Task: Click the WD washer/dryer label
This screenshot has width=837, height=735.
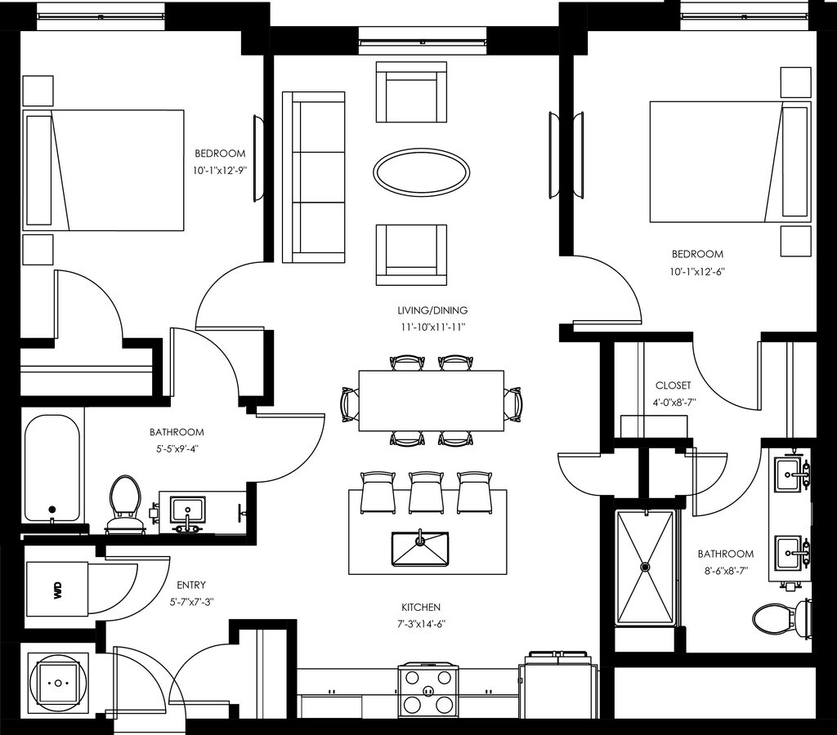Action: pyautogui.click(x=58, y=589)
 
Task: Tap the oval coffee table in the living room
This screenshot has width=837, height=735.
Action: pyautogui.click(x=421, y=171)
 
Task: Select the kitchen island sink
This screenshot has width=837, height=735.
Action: pyautogui.click(x=419, y=549)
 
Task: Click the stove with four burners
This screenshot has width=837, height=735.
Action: pyautogui.click(x=427, y=691)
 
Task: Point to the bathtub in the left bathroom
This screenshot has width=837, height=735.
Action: pyautogui.click(x=52, y=469)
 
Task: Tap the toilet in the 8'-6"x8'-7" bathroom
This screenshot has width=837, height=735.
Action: pyautogui.click(x=782, y=619)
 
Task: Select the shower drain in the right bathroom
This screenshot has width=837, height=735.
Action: pyautogui.click(x=646, y=567)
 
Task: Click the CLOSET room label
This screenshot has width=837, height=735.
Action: pyautogui.click(x=674, y=385)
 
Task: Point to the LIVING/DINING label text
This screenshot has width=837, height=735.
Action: pyautogui.click(x=432, y=310)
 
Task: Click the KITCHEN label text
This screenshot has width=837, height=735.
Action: pyautogui.click(x=421, y=607)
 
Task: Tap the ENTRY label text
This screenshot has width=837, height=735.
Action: pyautogui.click(x=191, y=585)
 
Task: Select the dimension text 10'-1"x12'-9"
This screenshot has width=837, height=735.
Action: pyautogui.click(x=220, y=171)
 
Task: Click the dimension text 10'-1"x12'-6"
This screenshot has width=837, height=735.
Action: pyautogui.click(x=698, y=271)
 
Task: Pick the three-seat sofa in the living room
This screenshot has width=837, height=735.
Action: pyautogui.click(x=313, y=177)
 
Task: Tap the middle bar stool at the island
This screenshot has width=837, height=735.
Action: pyautogui.click(x=424, y=492)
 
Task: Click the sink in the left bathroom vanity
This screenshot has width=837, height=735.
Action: pyautogui.click(x=187, y=510)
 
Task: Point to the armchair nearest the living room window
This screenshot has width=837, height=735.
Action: pyautogui.click(x=411, y=91)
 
